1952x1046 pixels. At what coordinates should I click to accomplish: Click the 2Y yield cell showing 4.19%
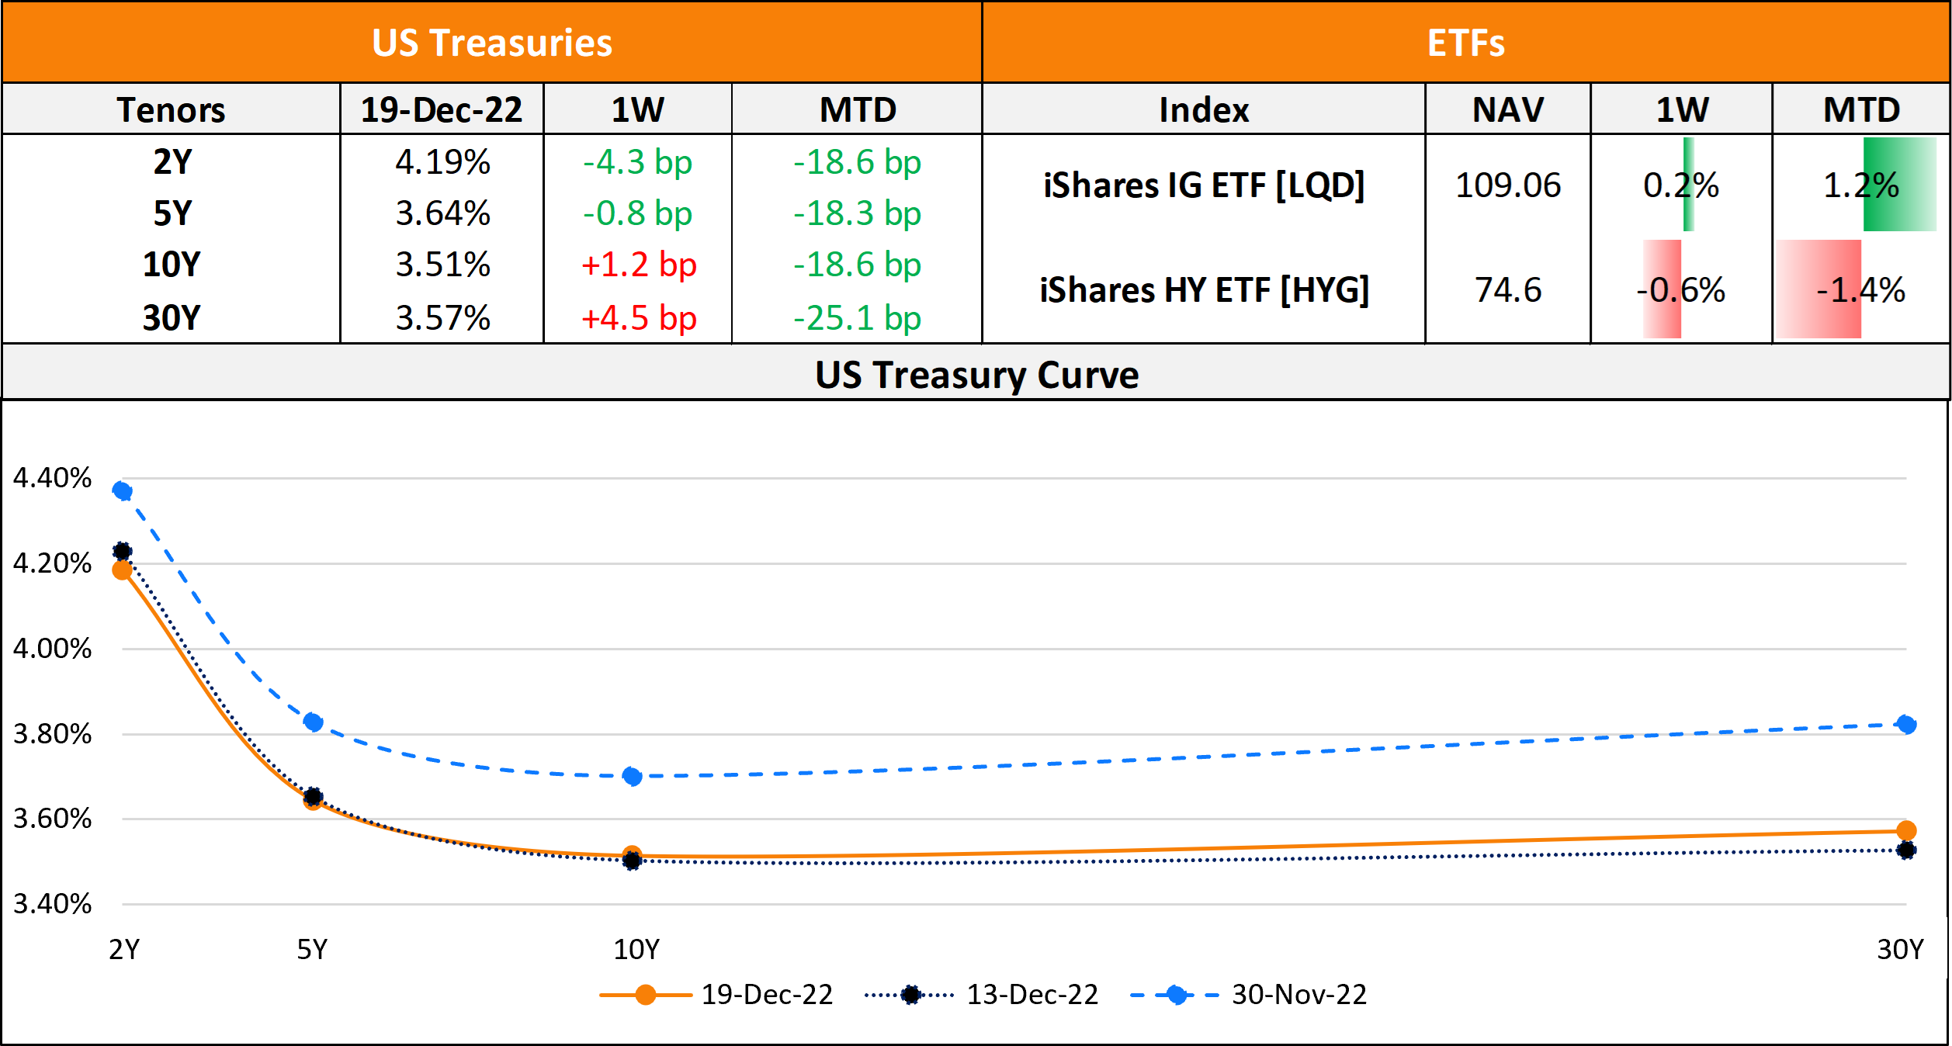coord(442,162)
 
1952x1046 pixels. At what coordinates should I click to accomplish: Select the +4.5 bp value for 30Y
coord(638,318)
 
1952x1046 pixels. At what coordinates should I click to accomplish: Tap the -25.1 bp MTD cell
coord(857,318)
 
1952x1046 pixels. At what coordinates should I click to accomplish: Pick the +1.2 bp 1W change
coord(638,265)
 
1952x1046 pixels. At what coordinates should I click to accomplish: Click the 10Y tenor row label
coord(172,265)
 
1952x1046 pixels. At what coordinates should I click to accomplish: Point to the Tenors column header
coord(172,109)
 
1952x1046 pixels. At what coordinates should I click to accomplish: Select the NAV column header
coord(1507,109)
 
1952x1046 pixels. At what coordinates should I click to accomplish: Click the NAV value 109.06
coord(1507,185)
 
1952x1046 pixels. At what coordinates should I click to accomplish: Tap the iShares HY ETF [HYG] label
coord(1204,290)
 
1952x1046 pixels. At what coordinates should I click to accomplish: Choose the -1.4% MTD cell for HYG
coord(1860,290)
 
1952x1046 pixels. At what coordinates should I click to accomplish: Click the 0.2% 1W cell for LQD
coord(1681,185)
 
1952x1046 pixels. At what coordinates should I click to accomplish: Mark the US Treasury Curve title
coord(976,375)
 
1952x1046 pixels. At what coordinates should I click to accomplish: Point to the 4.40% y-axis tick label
coord(52,478)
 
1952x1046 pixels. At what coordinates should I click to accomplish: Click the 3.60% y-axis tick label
coord(52,819)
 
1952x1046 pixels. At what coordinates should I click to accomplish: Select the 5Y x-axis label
coord(312,949)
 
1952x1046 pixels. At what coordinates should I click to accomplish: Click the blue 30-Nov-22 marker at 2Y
coord(122,490)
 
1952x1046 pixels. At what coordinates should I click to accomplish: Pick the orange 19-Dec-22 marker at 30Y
coord(1905,830)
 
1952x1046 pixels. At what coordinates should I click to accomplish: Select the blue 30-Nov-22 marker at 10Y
coord(632,776)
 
